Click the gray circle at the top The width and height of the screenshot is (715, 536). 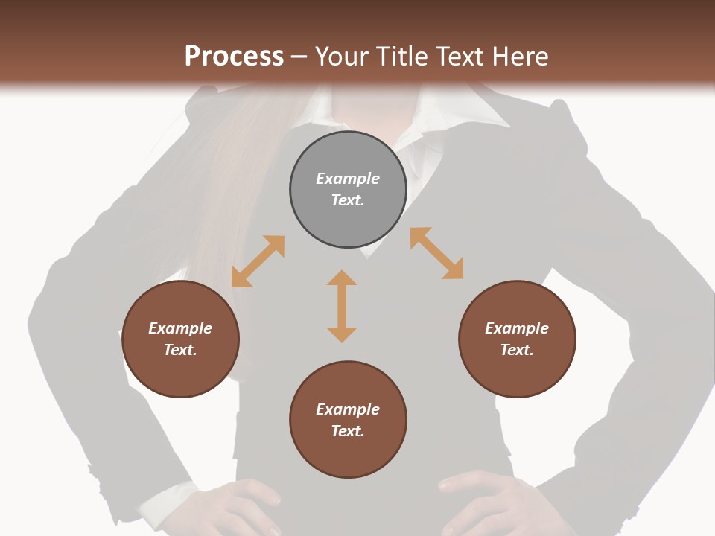click(x=348, y=190)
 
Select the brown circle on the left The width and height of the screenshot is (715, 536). click(x=180, y=339)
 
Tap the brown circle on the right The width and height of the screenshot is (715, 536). click(x=517, y=339)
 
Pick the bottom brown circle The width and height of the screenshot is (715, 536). click(x=348, y=420)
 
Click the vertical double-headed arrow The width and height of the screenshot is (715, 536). click(x=342, y=306)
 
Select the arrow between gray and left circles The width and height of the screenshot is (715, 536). click(x=258, y=261)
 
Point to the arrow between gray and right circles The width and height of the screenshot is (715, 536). click(x=436, y=253)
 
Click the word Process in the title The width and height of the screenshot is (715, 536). click(x=234, y=56)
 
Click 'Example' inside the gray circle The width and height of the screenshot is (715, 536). click(x=348, y=179)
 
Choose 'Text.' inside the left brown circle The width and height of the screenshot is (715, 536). click(x=180, y=350)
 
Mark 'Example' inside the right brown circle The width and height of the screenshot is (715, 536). click(x=517, y=328)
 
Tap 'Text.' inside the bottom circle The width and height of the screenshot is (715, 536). click(x=348, y=431)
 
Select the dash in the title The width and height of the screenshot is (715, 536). click(x=299, y=57)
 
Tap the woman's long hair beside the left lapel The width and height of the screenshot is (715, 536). click(x=223, y=186)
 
